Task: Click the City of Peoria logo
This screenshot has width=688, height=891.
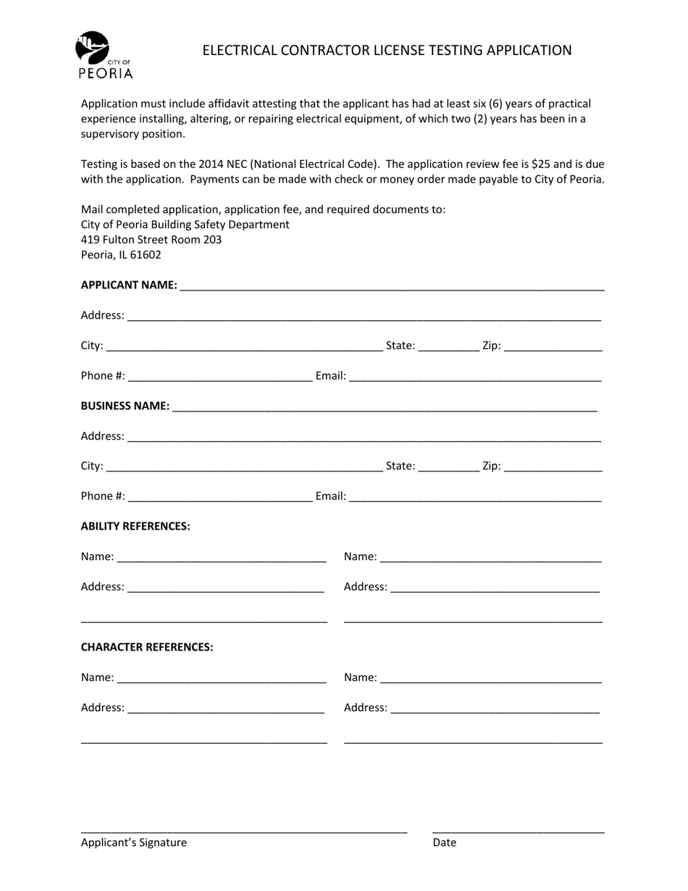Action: pyautogui.click(x=103, y=54)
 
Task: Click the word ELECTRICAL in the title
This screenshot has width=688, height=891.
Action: pyautogui.click(x=236, y=50)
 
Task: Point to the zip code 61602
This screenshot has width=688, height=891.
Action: pyautogui.click(x=146, y=255)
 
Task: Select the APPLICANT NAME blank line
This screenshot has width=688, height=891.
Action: pyautogui.click(x=391, y=287)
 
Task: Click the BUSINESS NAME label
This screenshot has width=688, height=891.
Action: pyautogui.click(x=125, y=406)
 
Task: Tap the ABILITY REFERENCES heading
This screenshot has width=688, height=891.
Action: pyautogui.click(x=135, y=526)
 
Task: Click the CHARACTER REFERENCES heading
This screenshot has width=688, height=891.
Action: pyautogui.click(x=147, y=647)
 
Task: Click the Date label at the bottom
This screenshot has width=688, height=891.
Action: pyautogui.click(x=445, y=842)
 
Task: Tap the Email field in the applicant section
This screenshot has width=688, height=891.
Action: pyautogui.click(x=475, y=377)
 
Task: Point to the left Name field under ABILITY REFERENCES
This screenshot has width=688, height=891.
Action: pyautogui.click(x=221, y=558)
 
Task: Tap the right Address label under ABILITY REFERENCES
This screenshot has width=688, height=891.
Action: pyautogui.click(x=365, y=587)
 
